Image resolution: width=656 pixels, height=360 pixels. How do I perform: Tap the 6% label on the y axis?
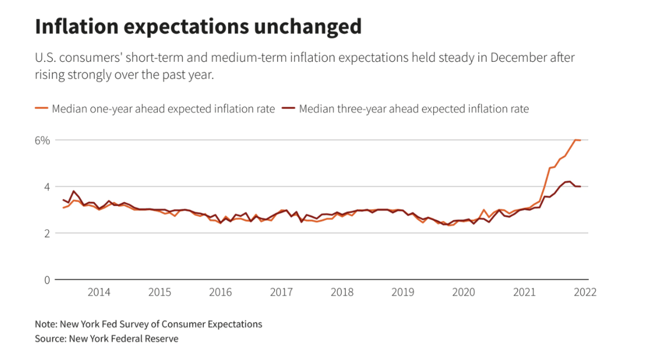[43, 140]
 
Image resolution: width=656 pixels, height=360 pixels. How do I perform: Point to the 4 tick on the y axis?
[47, 187]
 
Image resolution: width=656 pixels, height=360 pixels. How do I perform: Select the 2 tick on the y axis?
[47, 233]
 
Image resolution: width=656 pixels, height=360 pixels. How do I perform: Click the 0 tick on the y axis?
[47, 280]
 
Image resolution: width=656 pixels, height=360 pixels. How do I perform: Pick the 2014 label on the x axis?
[99, 292]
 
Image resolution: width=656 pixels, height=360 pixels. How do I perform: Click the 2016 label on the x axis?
[220, 292]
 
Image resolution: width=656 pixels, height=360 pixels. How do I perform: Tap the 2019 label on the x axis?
[403, 292]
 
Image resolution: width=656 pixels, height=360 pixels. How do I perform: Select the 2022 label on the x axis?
[585, 292]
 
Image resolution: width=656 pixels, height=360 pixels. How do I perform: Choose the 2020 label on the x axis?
[464, 292]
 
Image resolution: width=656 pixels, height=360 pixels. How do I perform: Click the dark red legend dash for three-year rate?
[288, 109]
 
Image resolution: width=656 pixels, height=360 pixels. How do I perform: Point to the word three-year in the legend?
[360, 109]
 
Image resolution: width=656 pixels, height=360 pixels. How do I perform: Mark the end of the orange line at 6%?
[581, 140]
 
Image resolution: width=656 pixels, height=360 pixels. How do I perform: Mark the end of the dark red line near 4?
[581, 187]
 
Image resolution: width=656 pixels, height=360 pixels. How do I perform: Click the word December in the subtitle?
[518, 57]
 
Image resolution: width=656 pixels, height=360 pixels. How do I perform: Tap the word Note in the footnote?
[46, 324]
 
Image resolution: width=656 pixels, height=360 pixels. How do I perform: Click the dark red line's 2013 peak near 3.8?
[74, 191]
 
